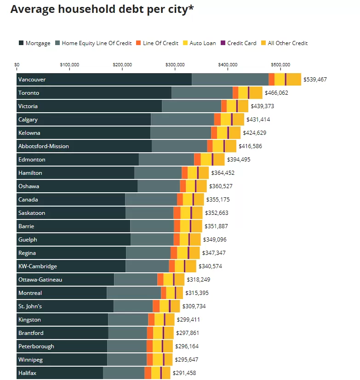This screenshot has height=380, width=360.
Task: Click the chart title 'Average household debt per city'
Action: [x=102, y=10]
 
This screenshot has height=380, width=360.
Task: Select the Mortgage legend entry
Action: [x=34, y=43]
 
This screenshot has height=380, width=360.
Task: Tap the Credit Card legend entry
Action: [x=238, y=43]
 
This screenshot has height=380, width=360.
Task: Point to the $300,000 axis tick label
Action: [x=175, y=65]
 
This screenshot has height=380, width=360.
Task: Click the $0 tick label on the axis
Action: [x=17, y=65]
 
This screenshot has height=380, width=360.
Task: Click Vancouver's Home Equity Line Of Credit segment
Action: [x=230, y=79]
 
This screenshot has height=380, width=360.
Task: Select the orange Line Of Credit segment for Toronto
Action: [x=235, y=93]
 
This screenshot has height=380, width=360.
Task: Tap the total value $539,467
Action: [x=315, y=80]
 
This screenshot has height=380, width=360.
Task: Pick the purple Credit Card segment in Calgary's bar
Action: [x=232, y=120]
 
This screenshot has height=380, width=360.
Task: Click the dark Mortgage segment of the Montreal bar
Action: [x=62, y=293]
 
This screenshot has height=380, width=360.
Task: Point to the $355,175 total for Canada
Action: [x=218, y=200]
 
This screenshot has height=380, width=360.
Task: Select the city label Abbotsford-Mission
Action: [x=44, y=146]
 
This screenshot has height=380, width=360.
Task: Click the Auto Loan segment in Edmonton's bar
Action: [x=206, y=160]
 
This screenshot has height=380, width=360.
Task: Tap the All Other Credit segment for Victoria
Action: [x=243, y=106]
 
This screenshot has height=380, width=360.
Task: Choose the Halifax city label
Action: [x=27, y=373]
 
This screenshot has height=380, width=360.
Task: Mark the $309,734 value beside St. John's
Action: [x=194, y=306]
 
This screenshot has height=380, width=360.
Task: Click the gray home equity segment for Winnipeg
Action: [x=127, y=360]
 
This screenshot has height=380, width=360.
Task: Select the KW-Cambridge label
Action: [x=38, y=266]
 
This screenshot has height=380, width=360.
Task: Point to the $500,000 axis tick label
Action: [x=280, y=65]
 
